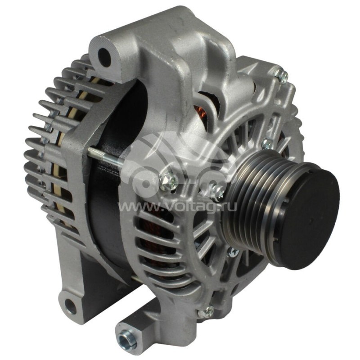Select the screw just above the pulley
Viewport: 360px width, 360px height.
point(268,144)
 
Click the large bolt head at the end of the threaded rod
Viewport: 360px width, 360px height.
point(168,181)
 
